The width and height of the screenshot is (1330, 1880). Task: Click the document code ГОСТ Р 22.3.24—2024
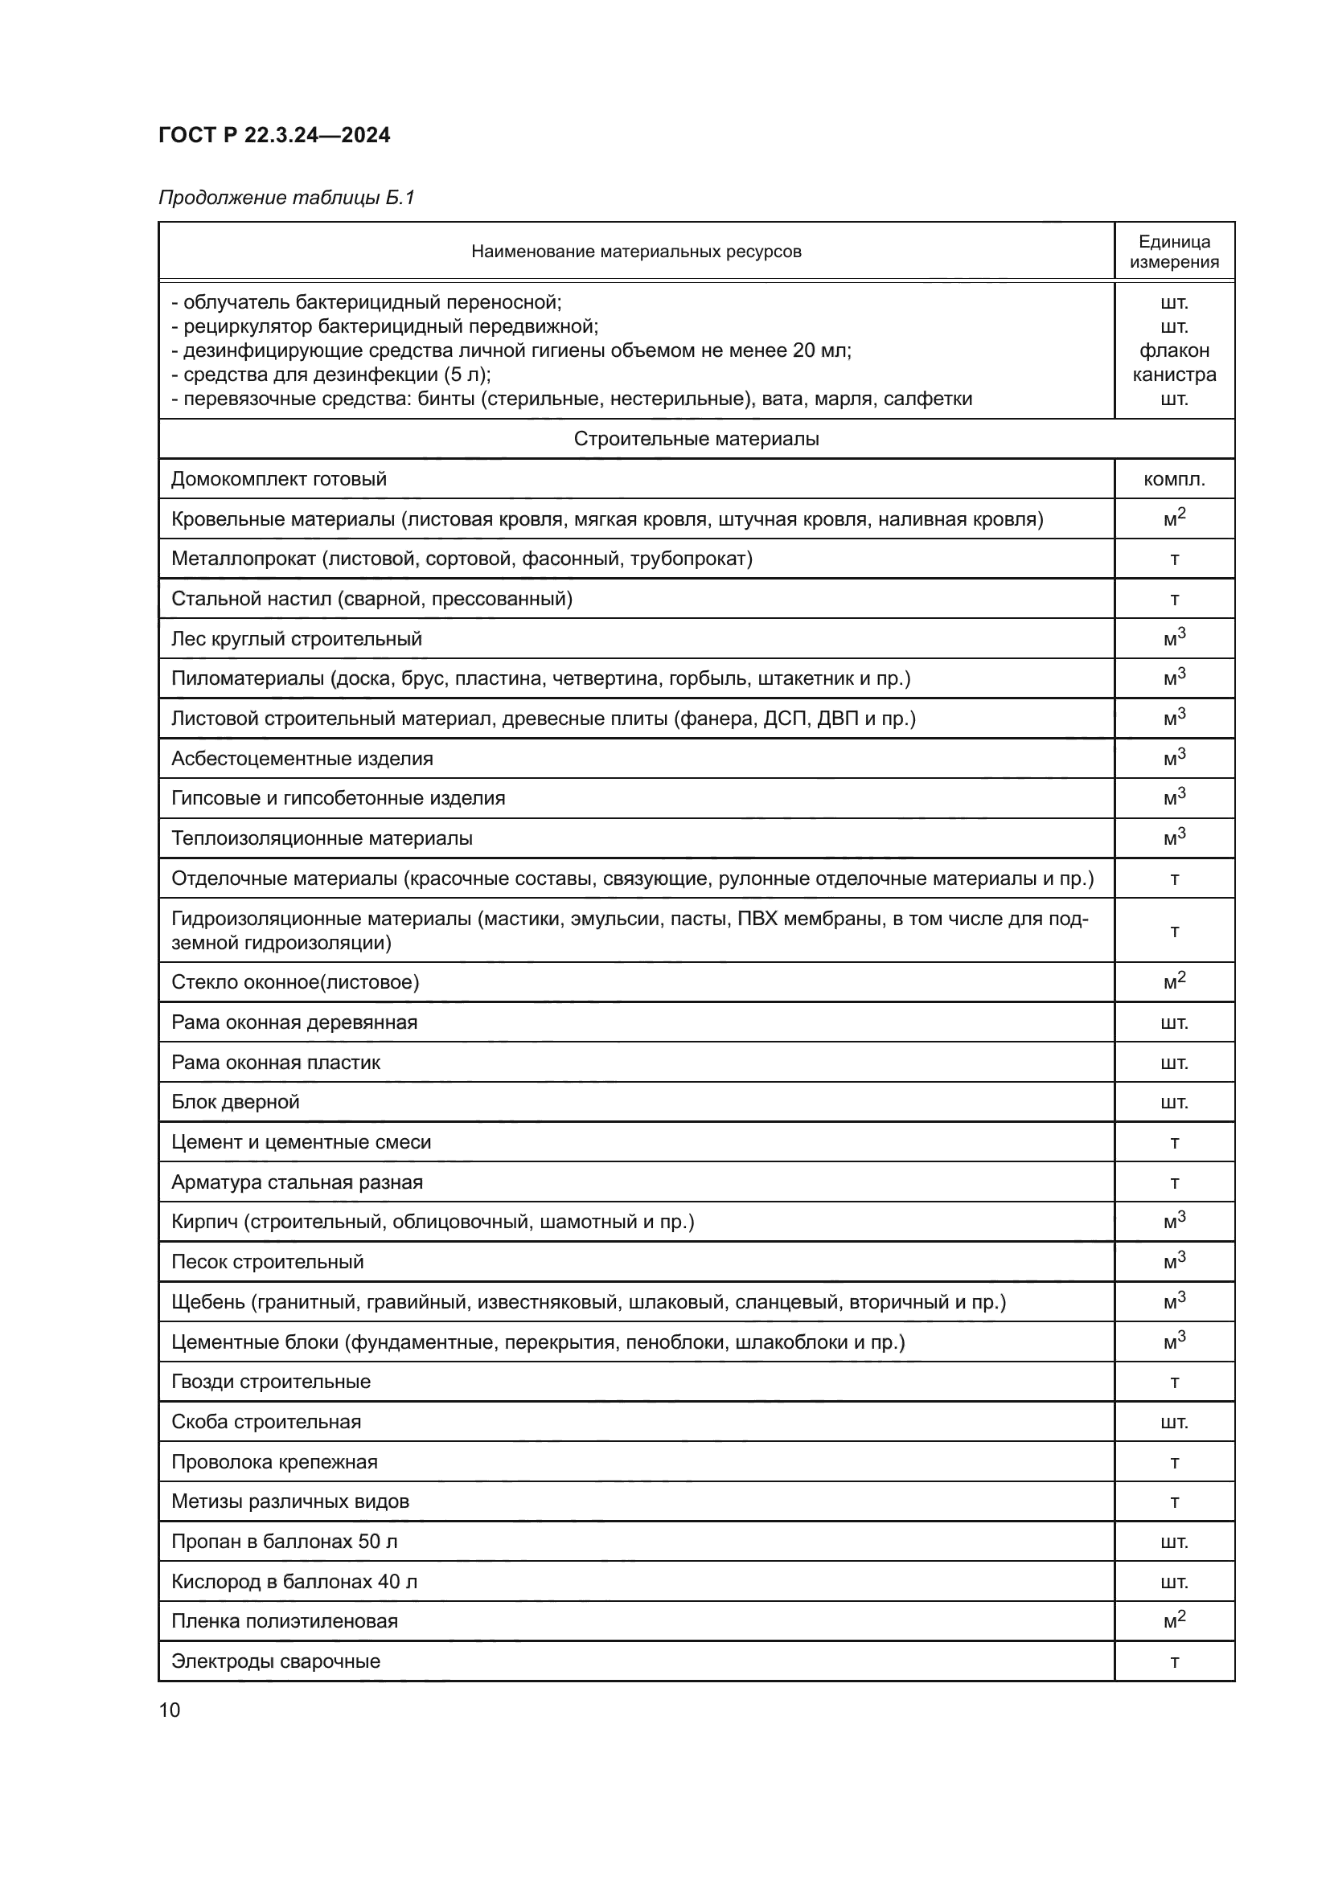273,135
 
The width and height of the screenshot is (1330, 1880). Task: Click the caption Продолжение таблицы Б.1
286,198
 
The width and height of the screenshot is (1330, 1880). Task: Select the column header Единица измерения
1173,252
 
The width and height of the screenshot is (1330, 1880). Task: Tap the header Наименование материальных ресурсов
635,252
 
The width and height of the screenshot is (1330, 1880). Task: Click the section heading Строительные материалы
696,439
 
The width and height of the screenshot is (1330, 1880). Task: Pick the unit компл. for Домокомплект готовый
1173,479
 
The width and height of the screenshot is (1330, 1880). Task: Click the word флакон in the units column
1173,350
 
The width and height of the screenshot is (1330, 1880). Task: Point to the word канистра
1173,375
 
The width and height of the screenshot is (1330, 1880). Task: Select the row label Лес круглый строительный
297,639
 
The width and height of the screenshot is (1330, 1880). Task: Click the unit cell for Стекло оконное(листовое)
1173,981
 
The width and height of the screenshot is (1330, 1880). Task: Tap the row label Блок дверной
235,1101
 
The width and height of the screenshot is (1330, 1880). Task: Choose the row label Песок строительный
267,1262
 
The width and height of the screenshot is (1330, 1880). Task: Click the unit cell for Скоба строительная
1173,1422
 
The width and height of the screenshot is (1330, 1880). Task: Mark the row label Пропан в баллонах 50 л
284,1542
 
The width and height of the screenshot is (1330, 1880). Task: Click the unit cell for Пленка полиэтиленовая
1173,1621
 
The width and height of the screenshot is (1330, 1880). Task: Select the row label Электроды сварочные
275,1661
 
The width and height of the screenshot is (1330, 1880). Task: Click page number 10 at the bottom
170,1710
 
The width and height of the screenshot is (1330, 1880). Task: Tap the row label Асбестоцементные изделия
302,758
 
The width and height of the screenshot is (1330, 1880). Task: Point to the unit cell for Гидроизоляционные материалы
1173,931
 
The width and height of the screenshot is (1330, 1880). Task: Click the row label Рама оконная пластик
275,1062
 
